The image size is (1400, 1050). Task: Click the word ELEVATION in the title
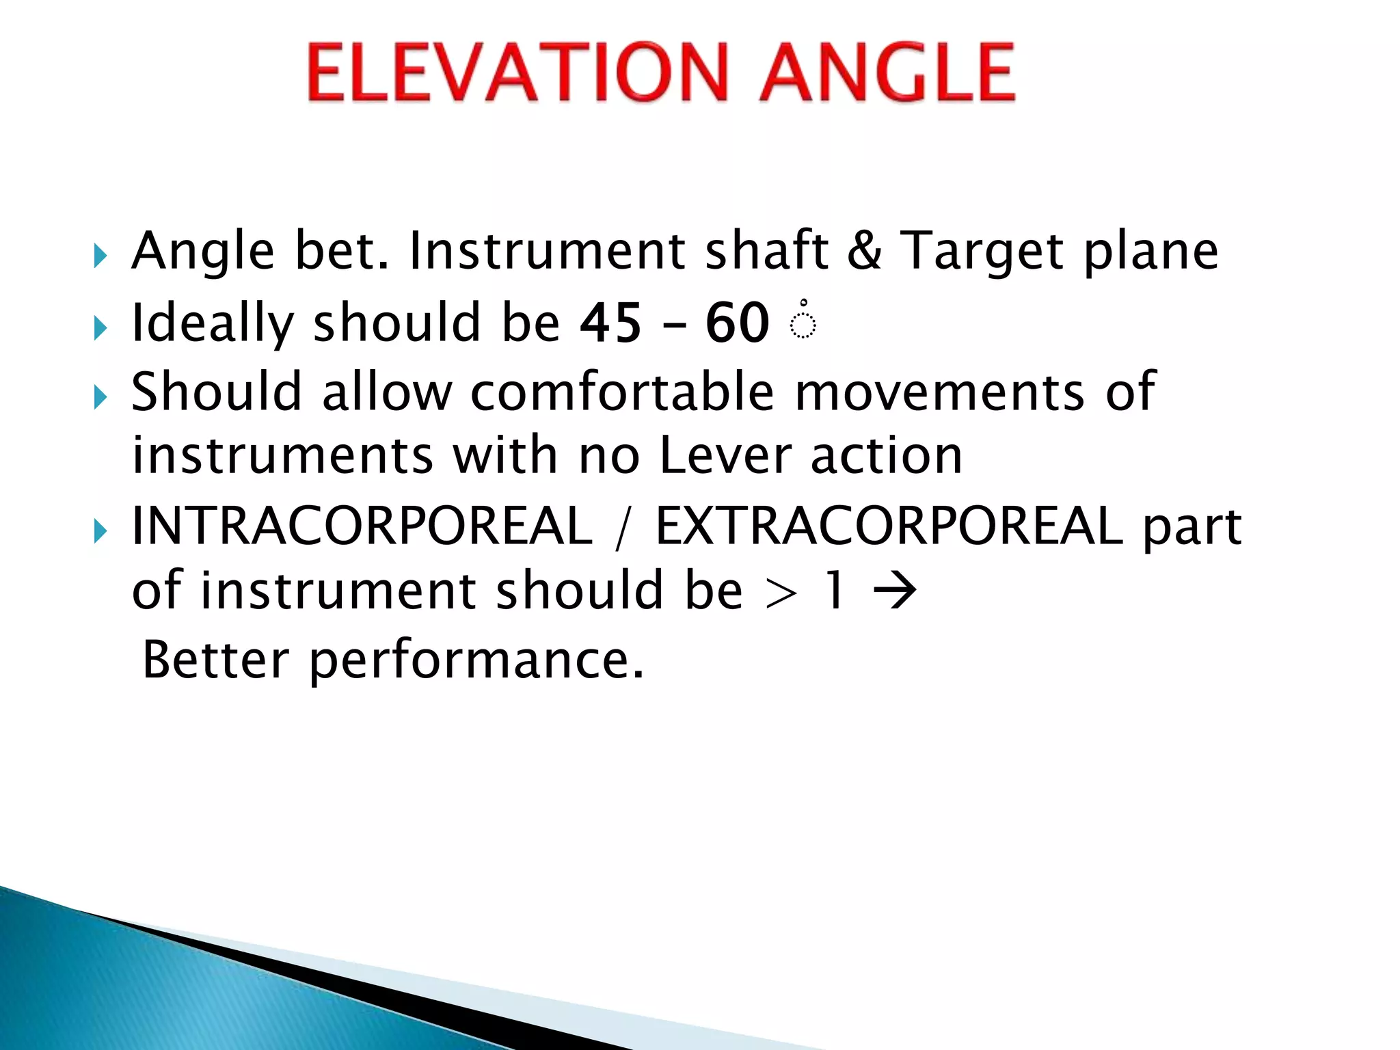coord(517,72)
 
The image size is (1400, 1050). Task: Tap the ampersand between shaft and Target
coord(864,250)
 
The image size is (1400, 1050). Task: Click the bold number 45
coord(610,323)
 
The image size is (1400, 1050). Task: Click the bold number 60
coord(737,323)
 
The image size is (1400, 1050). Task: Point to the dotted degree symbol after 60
coord(803,321)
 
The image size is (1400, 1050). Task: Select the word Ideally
coord(212,324)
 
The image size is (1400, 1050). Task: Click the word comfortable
coord(622,392)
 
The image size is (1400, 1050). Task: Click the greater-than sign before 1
coord(781,592)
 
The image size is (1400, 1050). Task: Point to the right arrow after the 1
coord(895,591)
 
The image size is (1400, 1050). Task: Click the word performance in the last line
coord(476,660)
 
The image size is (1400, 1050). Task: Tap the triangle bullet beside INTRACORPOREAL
coord(100,530)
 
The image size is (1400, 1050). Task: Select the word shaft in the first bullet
coord(766,250)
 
